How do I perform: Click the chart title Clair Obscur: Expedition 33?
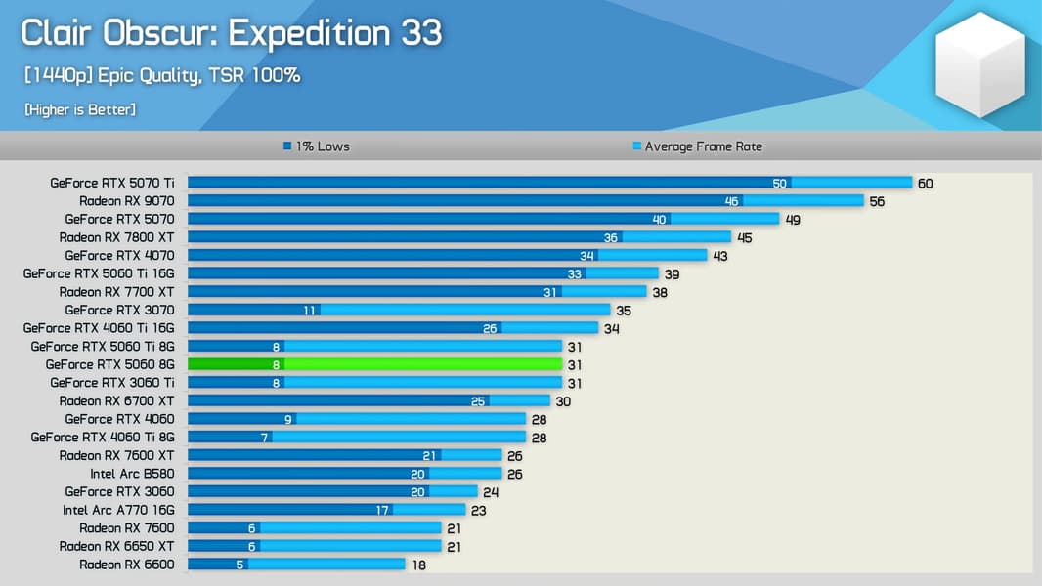tap(231, 33)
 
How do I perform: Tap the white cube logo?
tap(979, 65)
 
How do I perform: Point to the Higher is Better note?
tap(80, 109)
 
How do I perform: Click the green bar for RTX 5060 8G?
tap(374, 364)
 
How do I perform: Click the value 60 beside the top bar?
tap(925, 184)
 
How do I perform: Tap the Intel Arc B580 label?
tap(132, 474)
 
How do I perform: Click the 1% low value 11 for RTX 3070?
tap(310, 311)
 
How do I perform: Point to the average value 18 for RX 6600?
tap(417, 565)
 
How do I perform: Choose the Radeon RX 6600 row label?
tap(126, 565)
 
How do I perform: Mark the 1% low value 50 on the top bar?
tap(779, 184)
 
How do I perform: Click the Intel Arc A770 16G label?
tap(118, 510)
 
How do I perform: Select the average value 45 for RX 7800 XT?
tap(744, 237)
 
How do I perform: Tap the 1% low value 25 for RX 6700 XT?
tap(478, 401)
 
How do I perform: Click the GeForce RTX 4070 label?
tap(119, 256)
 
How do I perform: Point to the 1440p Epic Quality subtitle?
tap(161, 76)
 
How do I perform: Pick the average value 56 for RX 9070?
tap(877, 201)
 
